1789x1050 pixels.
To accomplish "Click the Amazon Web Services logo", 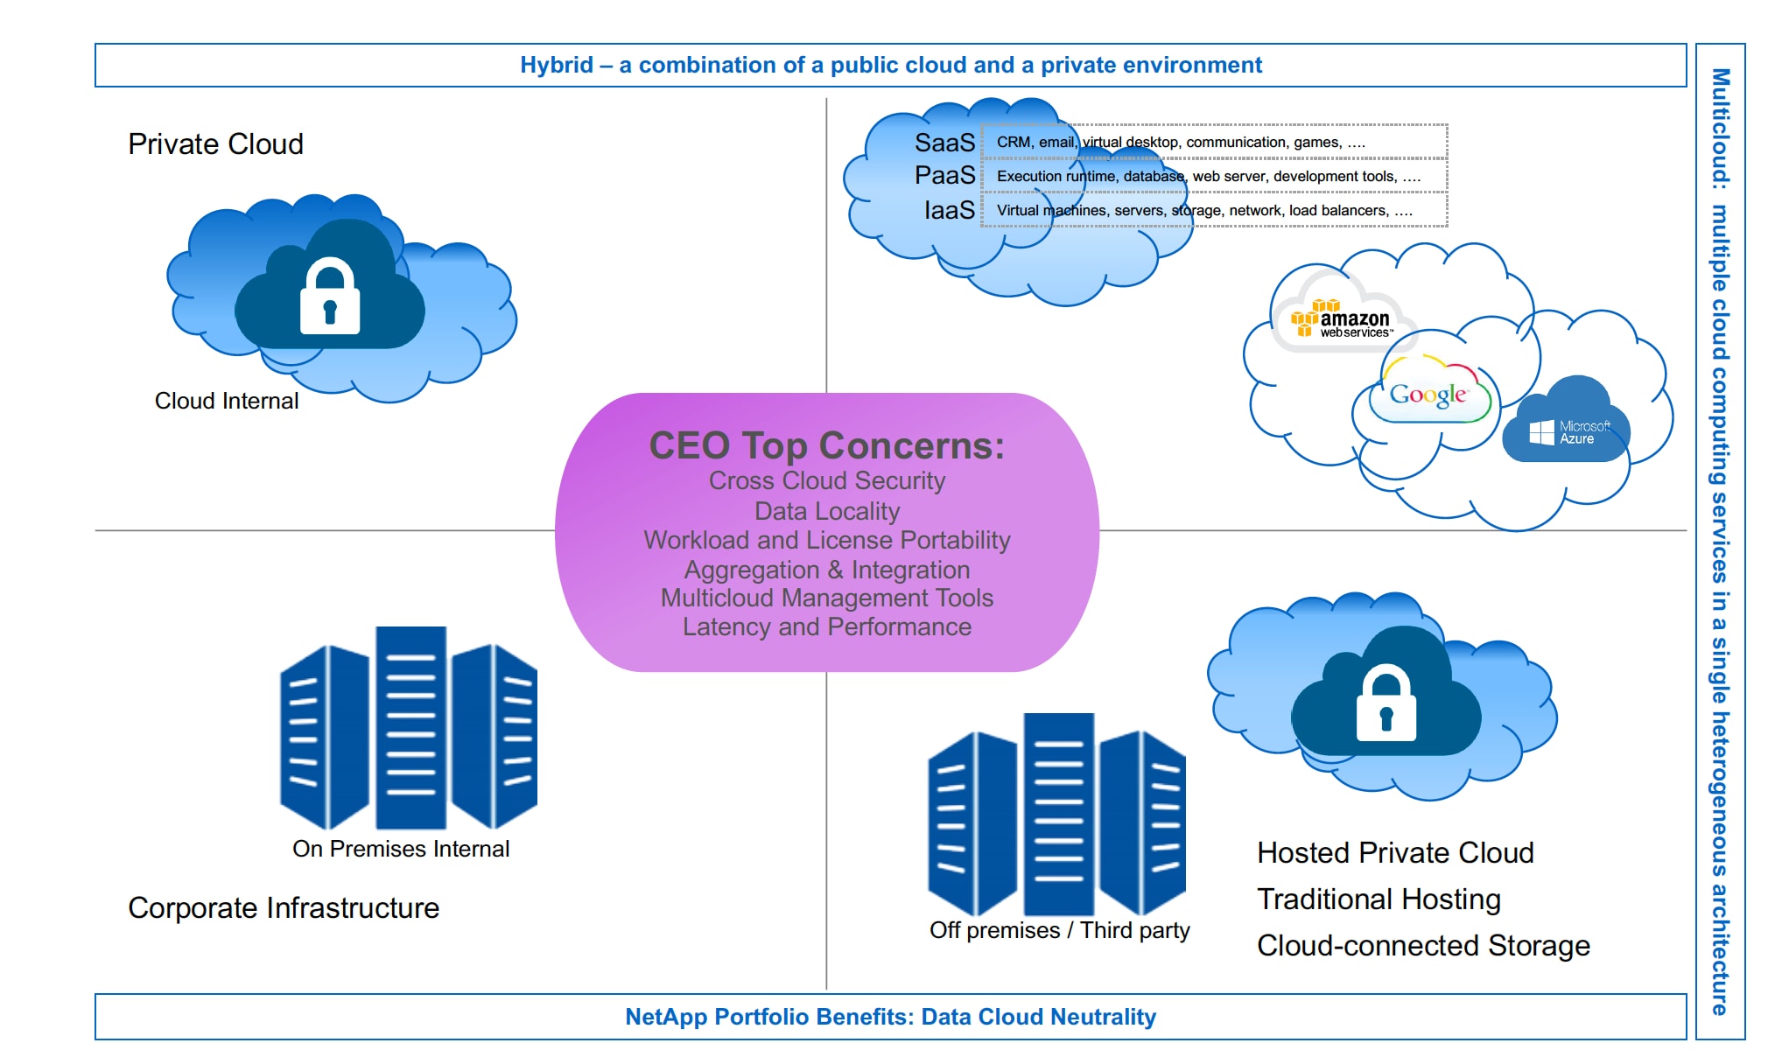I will point(1342,321).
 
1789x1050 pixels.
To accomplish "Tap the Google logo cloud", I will point(1428,395).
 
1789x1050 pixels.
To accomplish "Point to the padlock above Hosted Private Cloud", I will point(1386,704).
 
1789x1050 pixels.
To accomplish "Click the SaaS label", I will point(944,143).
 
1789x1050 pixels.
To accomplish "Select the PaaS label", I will point(944,176).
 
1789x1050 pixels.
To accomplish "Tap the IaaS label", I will point(949,210).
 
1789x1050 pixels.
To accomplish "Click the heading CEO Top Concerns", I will point(826,446).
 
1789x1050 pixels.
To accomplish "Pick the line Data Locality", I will point(827,511).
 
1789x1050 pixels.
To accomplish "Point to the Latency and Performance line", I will point(827,626).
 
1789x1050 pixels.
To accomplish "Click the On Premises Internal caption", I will point(401,849).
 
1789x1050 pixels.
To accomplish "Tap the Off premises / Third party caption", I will point(1059,930).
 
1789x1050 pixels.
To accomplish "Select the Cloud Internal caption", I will point(227,401).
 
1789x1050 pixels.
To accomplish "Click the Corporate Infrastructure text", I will point(284,908).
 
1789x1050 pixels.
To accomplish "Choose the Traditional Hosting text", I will point(1379,899).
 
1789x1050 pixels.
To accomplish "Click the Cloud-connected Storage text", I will point(1423,946).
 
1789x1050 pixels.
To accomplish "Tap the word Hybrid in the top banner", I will point(557,66).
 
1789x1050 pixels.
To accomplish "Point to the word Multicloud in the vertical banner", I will point(1721,127).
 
